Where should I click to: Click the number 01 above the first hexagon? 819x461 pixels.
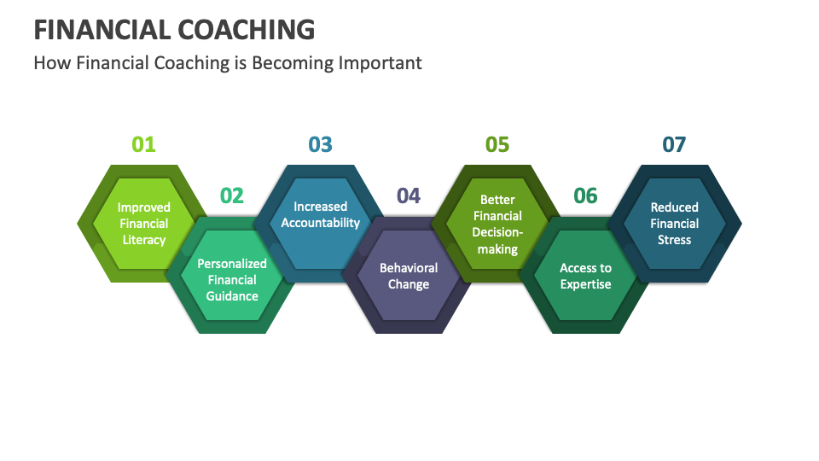coord(143,144)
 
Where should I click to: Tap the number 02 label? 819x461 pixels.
coord(232,195)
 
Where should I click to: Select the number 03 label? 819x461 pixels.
coord(320,144)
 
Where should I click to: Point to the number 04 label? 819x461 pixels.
coord(409,195)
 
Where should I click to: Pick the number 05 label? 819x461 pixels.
coord(497,144)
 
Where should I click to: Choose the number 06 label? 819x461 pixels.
coord(585,195)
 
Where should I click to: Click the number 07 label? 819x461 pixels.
coord(674,144)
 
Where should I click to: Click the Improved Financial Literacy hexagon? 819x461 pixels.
coord(143,224)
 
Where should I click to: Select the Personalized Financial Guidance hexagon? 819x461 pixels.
coord(232,279)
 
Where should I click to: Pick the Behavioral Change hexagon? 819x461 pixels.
coord(409,276)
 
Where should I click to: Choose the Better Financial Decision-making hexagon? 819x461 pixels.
coord(497,225)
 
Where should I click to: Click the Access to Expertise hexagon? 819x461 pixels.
coord(585,276)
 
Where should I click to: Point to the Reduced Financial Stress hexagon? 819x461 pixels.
coord(674,224)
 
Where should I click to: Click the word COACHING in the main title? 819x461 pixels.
coord(247,30)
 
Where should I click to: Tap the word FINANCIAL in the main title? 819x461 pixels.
coord(102,30)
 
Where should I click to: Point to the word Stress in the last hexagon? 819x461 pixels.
coord(674,240)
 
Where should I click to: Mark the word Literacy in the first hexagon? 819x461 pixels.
coord(143,240)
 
